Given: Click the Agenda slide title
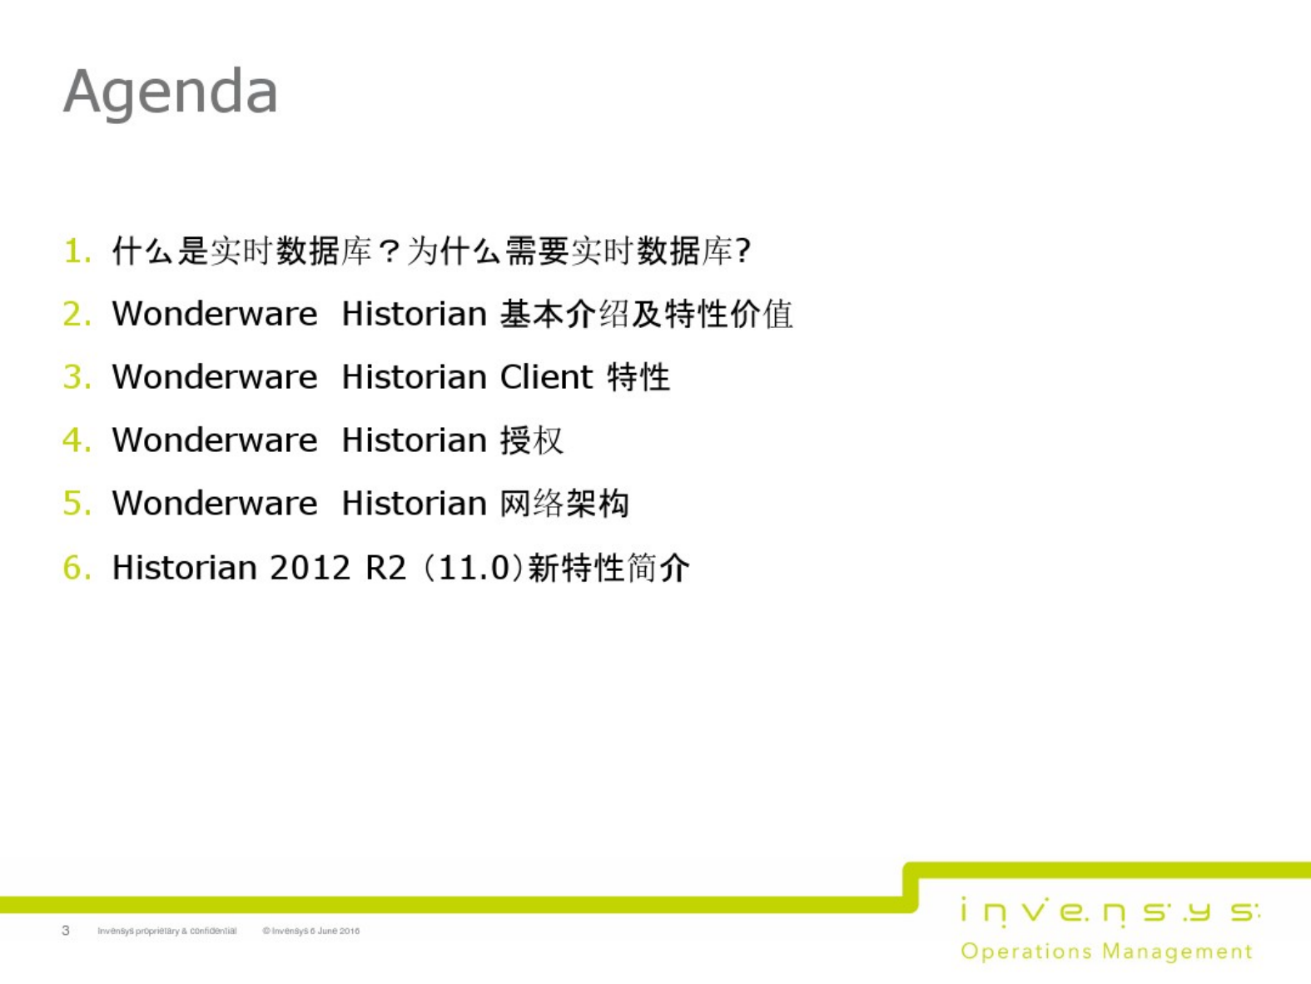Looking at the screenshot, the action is point(171,92).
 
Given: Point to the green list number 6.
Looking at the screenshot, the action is point(77,567).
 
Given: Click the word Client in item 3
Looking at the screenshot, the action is point(547,377).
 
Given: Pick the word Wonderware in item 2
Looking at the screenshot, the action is point(215,314).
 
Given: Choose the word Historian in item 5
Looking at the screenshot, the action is point(414,504).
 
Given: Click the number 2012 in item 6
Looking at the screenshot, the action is point(310,567).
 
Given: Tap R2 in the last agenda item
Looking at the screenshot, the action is point(386,567).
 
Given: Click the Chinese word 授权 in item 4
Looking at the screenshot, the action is point(532,440).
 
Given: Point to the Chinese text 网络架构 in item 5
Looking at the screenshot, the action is point(564,504).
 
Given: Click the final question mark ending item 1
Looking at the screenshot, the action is point(743,251).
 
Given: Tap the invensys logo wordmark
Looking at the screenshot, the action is point(1110,912).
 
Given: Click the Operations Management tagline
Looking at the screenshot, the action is point(1106,952).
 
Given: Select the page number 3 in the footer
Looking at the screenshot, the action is point(66,930).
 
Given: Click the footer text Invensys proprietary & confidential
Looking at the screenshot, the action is point(167,931).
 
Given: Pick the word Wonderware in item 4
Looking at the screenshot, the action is point(215,440).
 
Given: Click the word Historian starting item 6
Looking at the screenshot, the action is point(185,567).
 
